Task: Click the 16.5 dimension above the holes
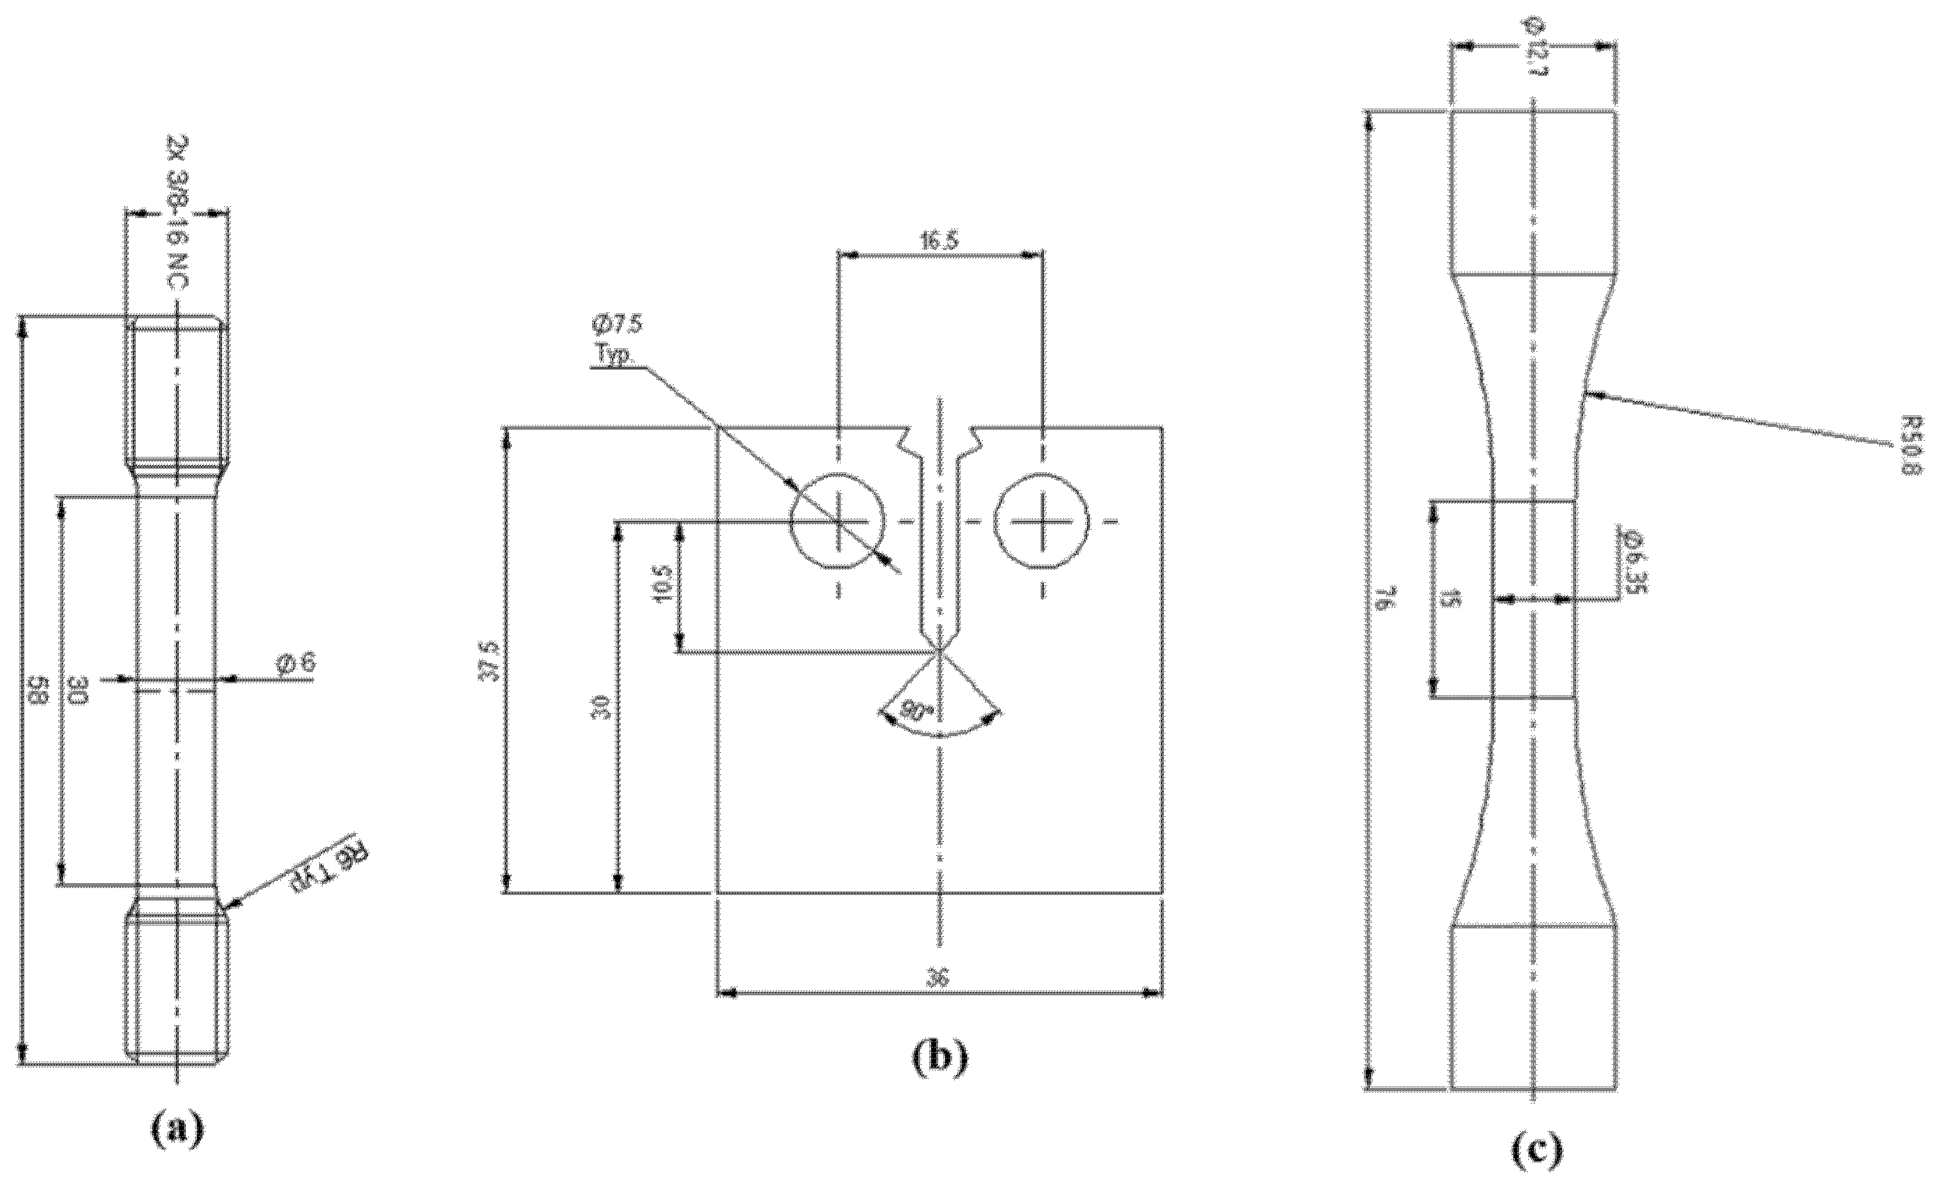[x=940, y=241]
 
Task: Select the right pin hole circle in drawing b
[x=1041, y=520]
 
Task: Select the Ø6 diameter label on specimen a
[x=296, y=664]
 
